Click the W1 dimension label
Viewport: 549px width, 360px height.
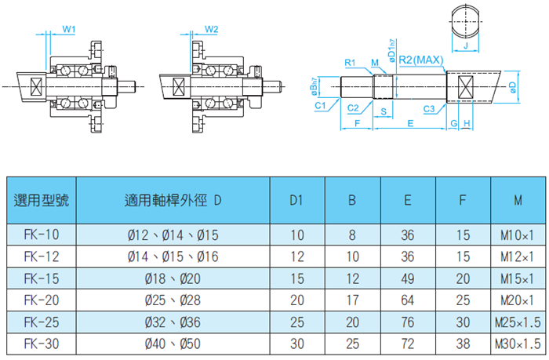[x=69, y=29]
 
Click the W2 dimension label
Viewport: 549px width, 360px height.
[x=211, y=29]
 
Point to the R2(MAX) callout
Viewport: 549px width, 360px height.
[x=422, y=60]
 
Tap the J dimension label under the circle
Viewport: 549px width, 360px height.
[x=466, y=46]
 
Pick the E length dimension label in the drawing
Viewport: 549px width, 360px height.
[x=409, y=124]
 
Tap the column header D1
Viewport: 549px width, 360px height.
[x=296, y=201]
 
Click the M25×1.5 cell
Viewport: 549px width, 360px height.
[x=518, y=322]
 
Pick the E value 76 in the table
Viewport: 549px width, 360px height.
[x=408, y=322]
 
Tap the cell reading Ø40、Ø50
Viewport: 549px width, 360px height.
[x=173, y=343]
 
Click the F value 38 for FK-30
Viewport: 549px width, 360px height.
[x=464, y=343]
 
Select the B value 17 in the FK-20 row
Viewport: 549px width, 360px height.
[x=352, y=300]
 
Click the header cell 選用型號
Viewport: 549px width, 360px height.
[x=42, y=201]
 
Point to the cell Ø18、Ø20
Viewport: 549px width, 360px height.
[x=173, y=278]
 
